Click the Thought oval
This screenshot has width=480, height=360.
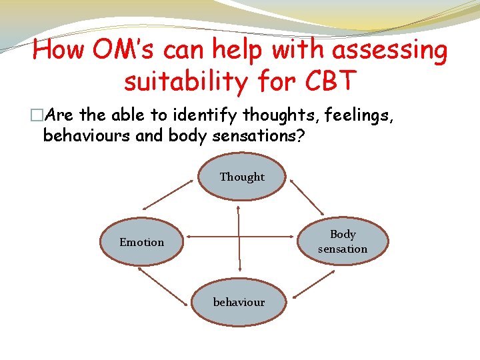242,177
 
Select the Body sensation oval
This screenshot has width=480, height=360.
342,241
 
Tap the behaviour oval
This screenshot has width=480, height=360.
239,302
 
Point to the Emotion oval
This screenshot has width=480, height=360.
141,242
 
